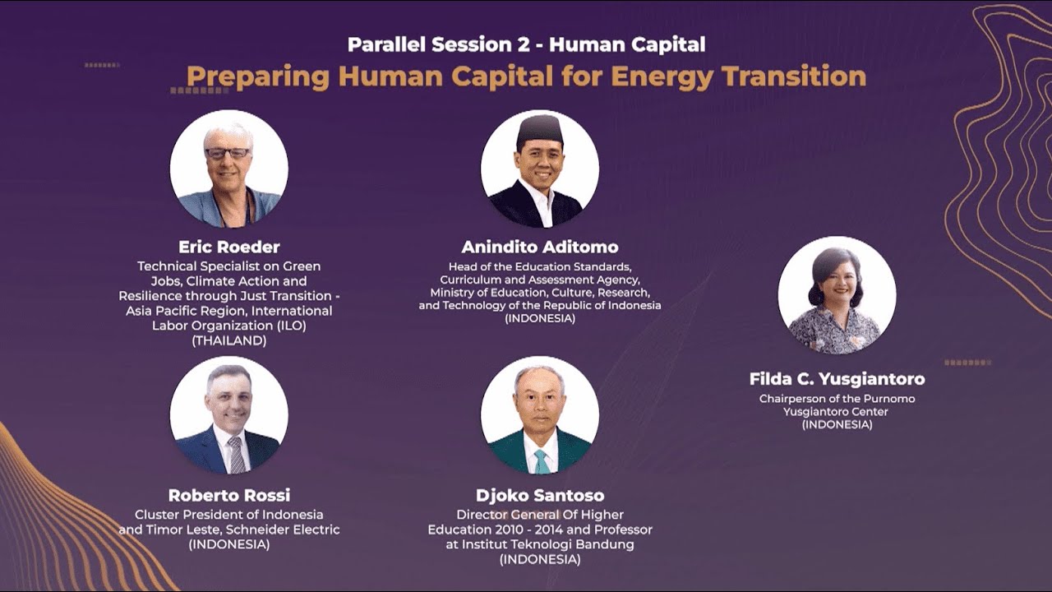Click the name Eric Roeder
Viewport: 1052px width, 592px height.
click(229, 247)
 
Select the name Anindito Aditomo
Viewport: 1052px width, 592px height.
click(540, 247)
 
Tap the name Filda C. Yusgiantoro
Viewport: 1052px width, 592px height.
click(837, 379)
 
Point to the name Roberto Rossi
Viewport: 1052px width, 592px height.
click(229, 495)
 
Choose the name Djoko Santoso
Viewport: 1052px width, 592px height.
click(540, 495)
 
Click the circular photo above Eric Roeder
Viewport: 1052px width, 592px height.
click(229, 169)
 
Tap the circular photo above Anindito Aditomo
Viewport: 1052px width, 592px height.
click(540, 169)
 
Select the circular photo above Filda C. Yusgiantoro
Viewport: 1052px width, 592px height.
click(837, 295)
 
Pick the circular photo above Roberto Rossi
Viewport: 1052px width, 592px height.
click(229, 415)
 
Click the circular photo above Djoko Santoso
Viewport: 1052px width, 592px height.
click(540, 415)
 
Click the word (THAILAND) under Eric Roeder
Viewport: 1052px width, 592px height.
click(229, 340)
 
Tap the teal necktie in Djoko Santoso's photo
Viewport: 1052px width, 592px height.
click(542, 461)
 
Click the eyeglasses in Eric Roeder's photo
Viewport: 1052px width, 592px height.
click(228, 153)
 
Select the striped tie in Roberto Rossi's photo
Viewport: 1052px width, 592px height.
click(237, 455)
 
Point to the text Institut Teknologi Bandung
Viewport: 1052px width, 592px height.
click(555, 544)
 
